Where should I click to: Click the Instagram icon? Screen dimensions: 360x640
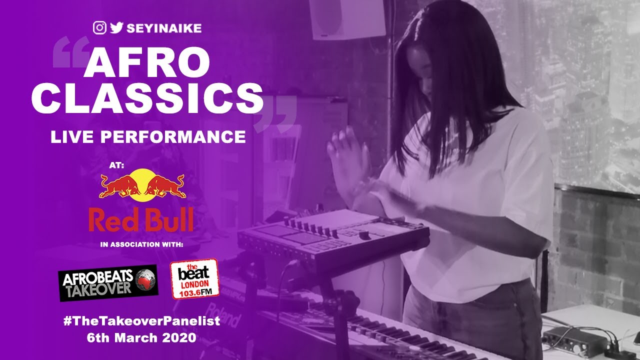99,28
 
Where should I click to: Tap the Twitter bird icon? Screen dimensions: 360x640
116,28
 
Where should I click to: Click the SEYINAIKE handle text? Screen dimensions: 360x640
164,28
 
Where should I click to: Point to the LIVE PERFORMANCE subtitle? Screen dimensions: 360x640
148,136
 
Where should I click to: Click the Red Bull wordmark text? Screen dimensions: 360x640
141,220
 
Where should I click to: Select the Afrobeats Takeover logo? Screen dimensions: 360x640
108,282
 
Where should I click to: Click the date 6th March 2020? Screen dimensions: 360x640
141,337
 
